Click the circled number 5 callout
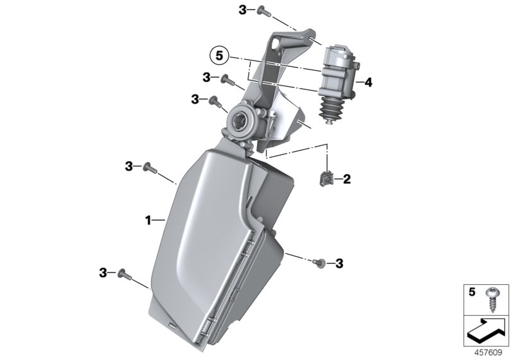coord(219,56)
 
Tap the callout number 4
coord(368,82)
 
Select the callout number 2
coord(346,179)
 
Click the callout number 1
coord(148,221)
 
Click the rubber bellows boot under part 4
coord(330,110)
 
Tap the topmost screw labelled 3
coord(264,12)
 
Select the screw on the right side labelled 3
coord(319,262)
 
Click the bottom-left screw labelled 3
coord(125,274)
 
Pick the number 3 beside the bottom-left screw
coord(103,273)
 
